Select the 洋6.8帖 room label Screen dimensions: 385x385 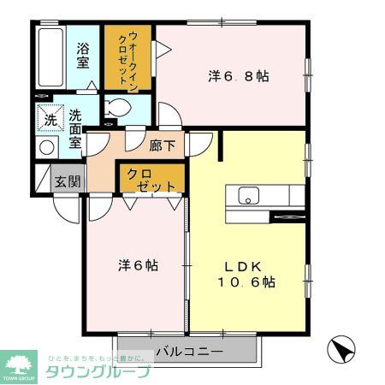(239, 76)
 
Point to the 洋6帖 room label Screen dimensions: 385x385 (138, 265)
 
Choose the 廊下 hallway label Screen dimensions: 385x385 (162, 145)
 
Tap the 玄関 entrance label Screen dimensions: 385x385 (68, 181)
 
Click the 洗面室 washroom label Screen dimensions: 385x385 (75, 129)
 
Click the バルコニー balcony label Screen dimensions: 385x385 (190, 351)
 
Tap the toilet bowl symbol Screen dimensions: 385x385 (121, 109)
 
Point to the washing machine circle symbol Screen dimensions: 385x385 (46, 146)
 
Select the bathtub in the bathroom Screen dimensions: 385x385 (52, 56)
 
